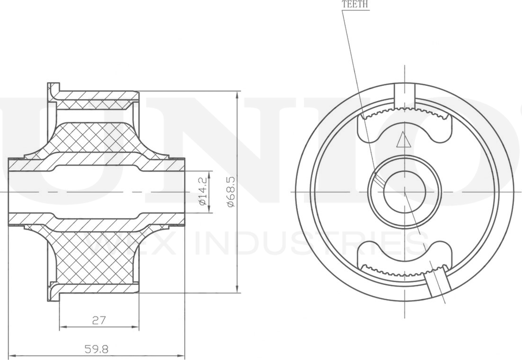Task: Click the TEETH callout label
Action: pos(355,4)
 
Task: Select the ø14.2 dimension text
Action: pos(202,191)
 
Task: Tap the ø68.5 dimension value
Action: pos(231,191)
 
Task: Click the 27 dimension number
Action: pos(98,320)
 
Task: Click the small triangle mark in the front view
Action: pos(403,140)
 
